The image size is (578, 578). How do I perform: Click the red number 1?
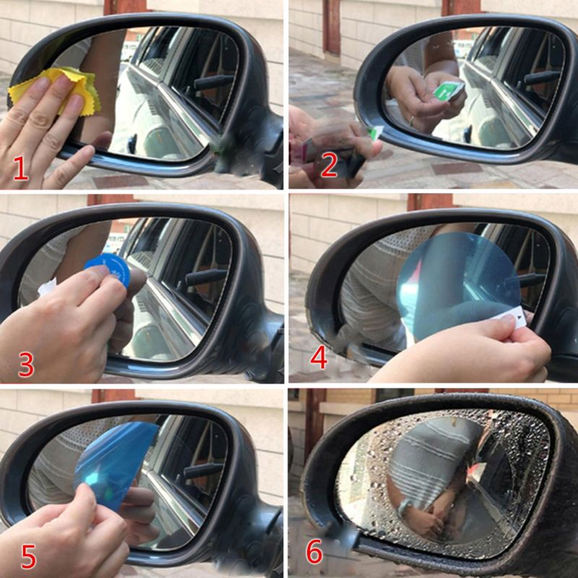pyautogui.click(x=21, y=168)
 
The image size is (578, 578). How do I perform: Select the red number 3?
pyautogui.click(x=26, y=364)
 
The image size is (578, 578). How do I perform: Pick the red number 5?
pyautogui.click(x=28, y=556)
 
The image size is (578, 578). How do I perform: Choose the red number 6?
pyautogui.click(x=314, y=551)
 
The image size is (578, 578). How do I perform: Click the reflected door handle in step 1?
pyautogui.click(x=214, y=82)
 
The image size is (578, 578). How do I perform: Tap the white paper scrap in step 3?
pyautogui.click(x=47, y=287)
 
